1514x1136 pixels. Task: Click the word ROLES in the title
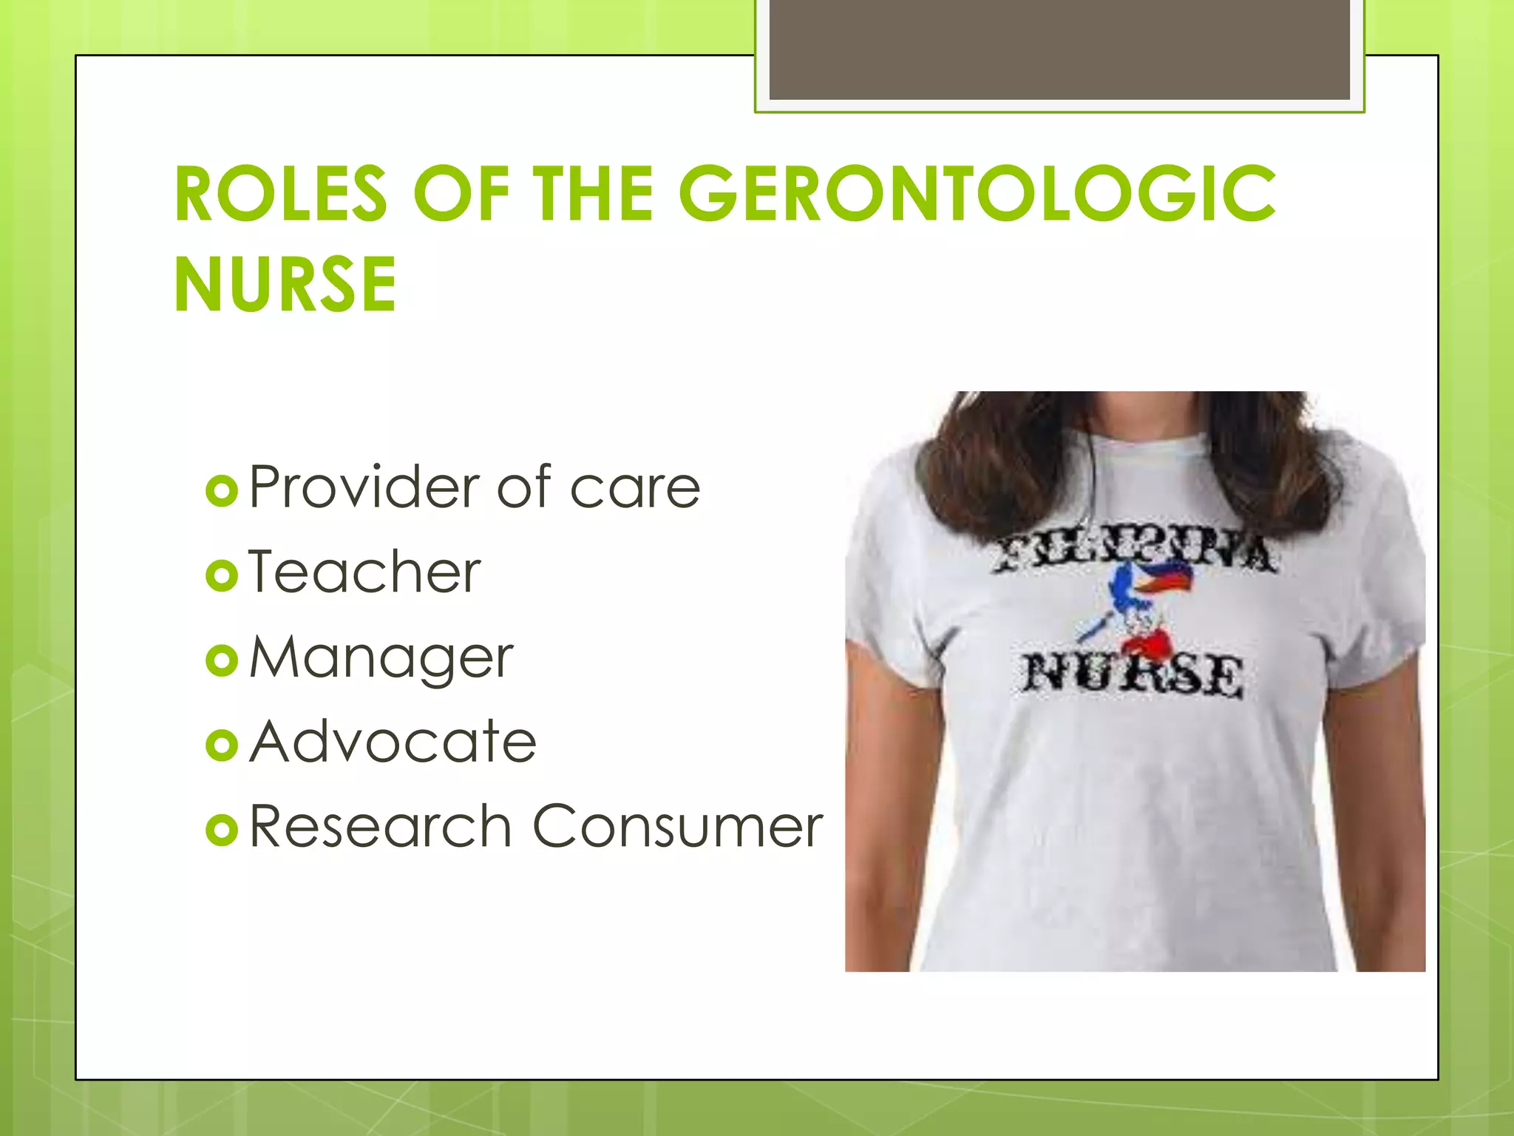281,195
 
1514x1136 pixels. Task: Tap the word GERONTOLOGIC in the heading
977,195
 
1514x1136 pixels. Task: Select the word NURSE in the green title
285,285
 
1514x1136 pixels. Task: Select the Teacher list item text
364,572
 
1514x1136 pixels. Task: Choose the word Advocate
393,742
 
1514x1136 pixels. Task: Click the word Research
380,826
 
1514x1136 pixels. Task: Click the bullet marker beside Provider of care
222,491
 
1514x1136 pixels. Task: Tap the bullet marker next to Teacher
222,576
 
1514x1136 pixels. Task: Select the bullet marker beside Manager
222,660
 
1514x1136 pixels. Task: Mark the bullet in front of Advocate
222,745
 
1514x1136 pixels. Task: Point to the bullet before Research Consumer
222,830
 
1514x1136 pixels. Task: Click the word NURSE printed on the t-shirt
1132,674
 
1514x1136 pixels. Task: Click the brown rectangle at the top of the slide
1059,50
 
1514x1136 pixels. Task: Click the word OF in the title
460,195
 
